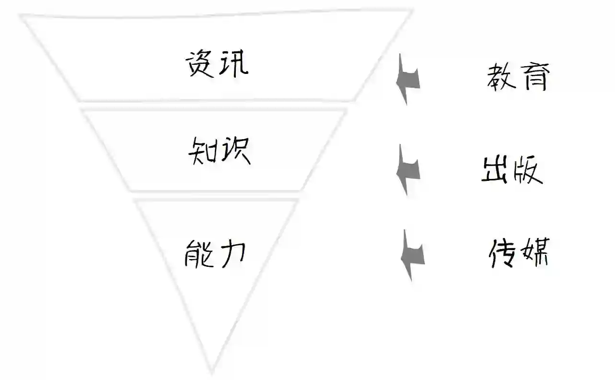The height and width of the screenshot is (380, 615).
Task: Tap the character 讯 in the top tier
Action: pyautogui.click(x=233, y=64)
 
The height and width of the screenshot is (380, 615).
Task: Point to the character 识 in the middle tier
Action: pyautogui.click(x=235, y=150)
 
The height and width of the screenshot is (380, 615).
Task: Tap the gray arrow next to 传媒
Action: pyautogui.click(x=412, y=255)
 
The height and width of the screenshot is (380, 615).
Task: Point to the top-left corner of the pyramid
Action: pyautogui.click(x=22, y=17)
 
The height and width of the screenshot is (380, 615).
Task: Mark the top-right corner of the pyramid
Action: pyautogui.click(x=411, y=11)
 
